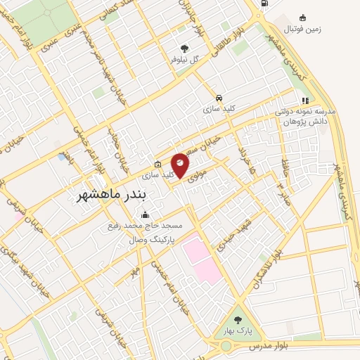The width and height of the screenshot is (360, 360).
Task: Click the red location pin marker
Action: click(x=180, y=165)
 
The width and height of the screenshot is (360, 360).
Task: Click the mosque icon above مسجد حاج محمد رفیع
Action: click(x=146, y=215)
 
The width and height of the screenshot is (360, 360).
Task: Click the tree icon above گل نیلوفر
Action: click(x=184, y=49)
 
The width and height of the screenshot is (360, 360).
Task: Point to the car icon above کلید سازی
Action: click(x=219, y=98)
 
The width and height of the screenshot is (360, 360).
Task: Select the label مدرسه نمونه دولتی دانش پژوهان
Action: click(x=305, y=116)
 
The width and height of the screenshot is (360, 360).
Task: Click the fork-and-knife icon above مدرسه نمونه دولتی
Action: click(x=305, y=101)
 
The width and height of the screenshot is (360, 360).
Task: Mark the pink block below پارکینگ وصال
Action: click(x=201, y=261)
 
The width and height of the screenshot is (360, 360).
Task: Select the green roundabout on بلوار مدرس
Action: click(x=227, y=347)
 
